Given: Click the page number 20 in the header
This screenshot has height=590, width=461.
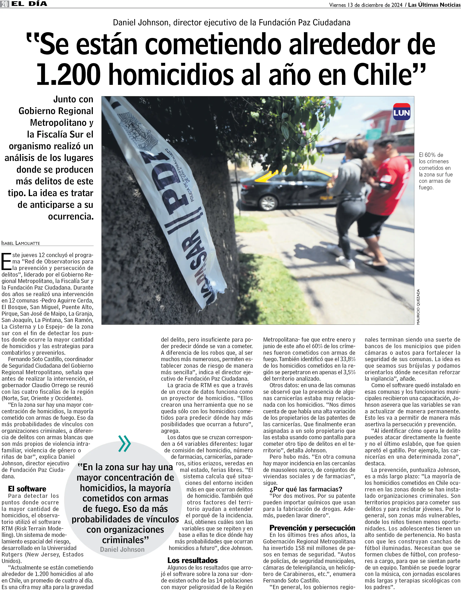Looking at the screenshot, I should tap(5, 4).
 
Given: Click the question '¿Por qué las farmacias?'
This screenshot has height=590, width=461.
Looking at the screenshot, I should tap(306, 489).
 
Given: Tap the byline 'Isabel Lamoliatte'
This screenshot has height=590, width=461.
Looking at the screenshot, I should tap(21, 243).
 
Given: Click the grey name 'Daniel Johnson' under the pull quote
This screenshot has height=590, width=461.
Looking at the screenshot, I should tap(122, 550).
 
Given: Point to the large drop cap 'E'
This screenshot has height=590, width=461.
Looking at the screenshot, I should tap(7, 262).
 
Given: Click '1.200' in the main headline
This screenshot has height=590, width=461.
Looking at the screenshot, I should tap(68, 74).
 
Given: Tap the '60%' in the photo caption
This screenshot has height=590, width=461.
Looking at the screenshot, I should tap(430, 155).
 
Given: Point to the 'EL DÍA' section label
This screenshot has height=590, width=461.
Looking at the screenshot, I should tap(29, 4).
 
